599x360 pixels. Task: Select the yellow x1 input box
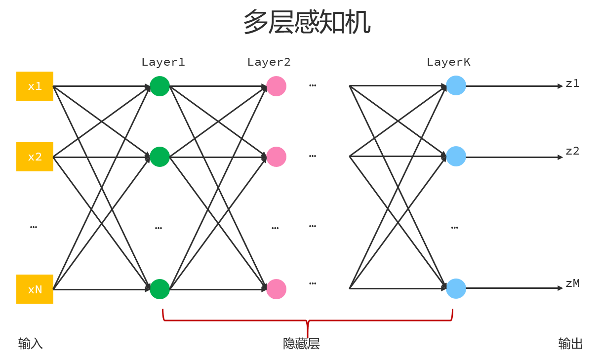pos(35,86)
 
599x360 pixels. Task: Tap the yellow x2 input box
pos(35,157)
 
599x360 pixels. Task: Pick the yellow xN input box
pos(35,289)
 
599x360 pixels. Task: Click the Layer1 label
pos(163,62)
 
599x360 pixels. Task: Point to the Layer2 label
pos(269,62)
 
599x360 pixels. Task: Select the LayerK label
pos(448,62)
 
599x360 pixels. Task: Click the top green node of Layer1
pos(160,86)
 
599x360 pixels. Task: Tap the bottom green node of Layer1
pos(160,289)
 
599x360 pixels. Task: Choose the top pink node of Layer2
pos(276,86)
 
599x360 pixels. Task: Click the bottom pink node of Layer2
pos(276,289)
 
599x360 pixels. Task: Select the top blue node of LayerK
pos(456,85)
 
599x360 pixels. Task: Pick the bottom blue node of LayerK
pos(456,288)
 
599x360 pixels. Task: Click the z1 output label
pos(572,83)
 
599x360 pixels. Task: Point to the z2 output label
pos(572,151)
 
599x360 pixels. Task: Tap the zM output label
pos(572,283)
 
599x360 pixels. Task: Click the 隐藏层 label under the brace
pos(301,344)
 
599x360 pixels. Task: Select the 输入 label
pos(31,344)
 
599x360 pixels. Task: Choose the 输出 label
pos(570,344)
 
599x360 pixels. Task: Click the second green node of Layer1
pos(160,157)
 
